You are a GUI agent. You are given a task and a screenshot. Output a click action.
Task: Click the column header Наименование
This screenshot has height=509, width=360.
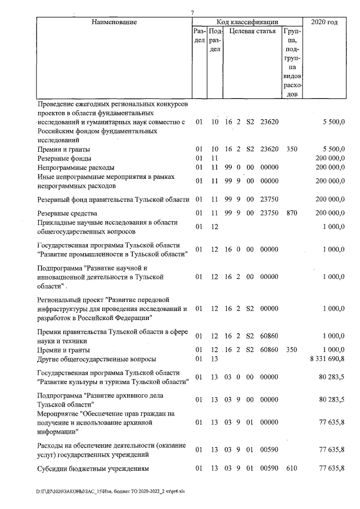tap(111, 22)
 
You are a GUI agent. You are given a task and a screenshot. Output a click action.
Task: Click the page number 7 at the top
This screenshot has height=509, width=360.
tap(192, 12)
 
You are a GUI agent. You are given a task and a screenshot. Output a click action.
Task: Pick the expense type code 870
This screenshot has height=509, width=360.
tap(291, 214)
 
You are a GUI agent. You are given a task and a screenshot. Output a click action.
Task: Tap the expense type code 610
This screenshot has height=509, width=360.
tap(291, 469)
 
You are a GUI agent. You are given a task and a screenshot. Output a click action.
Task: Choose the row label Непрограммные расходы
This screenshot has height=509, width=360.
tap(75, 168)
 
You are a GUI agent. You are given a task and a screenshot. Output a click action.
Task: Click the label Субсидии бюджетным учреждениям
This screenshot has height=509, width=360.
tap(92, 469)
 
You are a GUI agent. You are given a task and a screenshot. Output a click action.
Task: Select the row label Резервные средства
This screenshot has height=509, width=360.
tap(67, 214)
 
